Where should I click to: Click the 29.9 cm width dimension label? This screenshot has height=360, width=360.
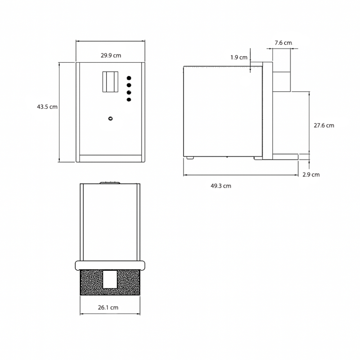111,55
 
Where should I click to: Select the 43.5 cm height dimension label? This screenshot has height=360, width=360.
47,107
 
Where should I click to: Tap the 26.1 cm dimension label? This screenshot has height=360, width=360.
108,307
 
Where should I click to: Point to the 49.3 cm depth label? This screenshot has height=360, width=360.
221,186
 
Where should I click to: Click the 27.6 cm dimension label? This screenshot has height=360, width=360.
324,125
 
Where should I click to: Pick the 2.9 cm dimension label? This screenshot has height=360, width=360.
311,175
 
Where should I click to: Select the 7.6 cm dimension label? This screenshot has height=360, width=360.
283,43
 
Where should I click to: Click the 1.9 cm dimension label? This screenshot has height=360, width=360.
239,57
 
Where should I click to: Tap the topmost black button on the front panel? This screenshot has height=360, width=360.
129,78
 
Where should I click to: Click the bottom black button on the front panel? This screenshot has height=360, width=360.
129,100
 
